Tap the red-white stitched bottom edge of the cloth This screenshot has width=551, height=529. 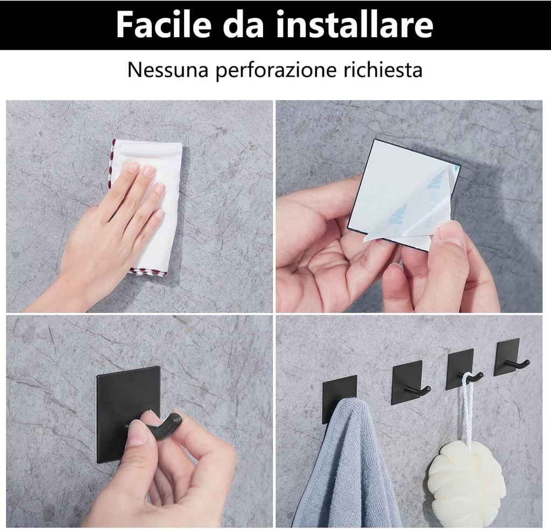click(x=148, y=272)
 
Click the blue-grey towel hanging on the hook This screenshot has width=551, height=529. click(x=344, y=469)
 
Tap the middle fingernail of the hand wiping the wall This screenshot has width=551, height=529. click(x=147, y=172)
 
